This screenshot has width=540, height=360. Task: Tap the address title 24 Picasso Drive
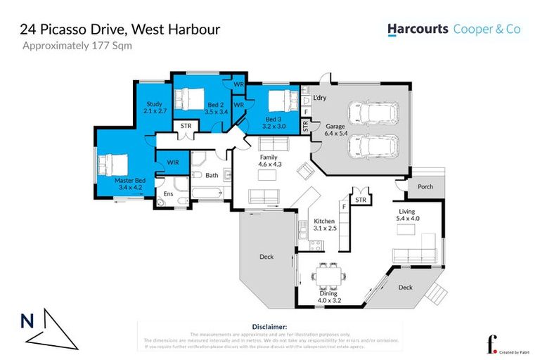pos(120,30)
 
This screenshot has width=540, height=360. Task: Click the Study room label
pos(153,108)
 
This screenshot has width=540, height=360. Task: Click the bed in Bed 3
pos(278,98)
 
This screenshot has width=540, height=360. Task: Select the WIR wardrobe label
pos(172,163)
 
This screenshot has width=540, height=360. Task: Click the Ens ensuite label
pos(168,193)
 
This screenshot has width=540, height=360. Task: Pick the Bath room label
pos(212,176)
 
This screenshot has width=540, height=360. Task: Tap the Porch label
pos(425,187)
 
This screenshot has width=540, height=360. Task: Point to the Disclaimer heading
pos(269,327)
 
